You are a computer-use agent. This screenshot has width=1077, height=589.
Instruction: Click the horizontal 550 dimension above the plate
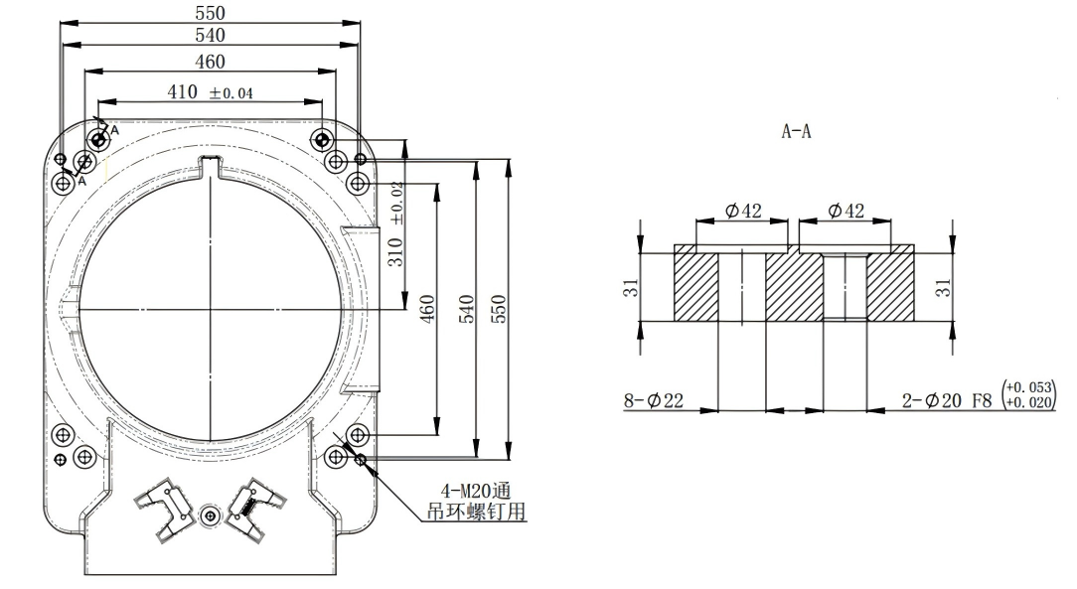[210, 13]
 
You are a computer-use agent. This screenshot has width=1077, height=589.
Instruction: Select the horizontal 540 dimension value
[210, 36]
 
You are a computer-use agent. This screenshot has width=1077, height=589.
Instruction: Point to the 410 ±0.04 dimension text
[210, 92]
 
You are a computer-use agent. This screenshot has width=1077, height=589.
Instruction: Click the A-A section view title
[796, 131]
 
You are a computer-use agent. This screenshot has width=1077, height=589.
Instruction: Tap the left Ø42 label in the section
[743, 211]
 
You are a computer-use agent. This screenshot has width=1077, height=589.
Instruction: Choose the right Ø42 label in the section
[846, 211]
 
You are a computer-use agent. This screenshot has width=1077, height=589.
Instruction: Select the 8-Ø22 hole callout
[655, 400]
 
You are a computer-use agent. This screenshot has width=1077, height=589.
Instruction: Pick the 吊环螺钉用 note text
[481, 513]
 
